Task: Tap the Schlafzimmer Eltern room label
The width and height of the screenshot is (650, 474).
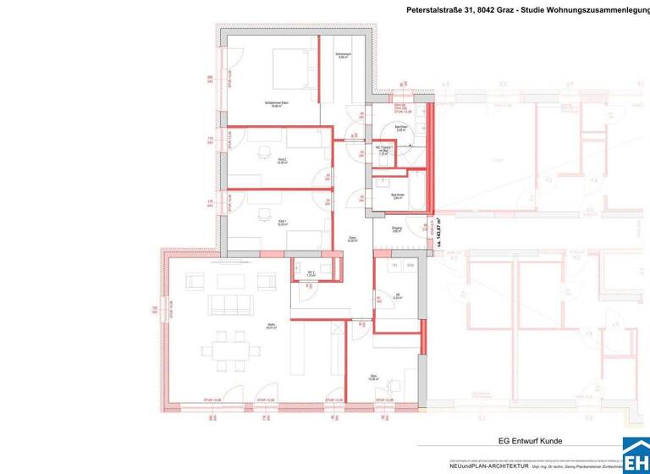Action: click(276, 104)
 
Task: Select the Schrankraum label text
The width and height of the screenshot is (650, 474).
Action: click(342, 56)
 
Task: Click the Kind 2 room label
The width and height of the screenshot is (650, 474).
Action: click(282, 161)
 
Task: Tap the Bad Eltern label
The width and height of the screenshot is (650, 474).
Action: click(402, 128)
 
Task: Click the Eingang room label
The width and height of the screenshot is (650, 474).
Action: click(396, 229)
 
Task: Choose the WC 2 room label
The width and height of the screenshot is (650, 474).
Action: click(310, 273)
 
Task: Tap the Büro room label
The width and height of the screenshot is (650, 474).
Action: click(373, 378)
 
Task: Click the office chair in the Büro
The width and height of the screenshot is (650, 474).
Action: click(390, 385)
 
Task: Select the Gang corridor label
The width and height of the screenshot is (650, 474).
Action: click(353, 239)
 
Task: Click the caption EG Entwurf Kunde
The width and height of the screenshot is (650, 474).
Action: click(530, 440)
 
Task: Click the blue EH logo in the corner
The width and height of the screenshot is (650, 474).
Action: click(636, 455)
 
